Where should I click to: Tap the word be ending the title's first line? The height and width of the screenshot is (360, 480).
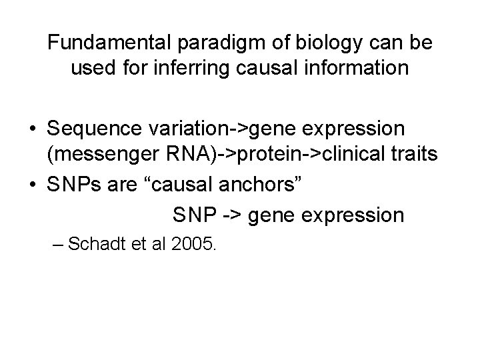[x=422, y=43]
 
